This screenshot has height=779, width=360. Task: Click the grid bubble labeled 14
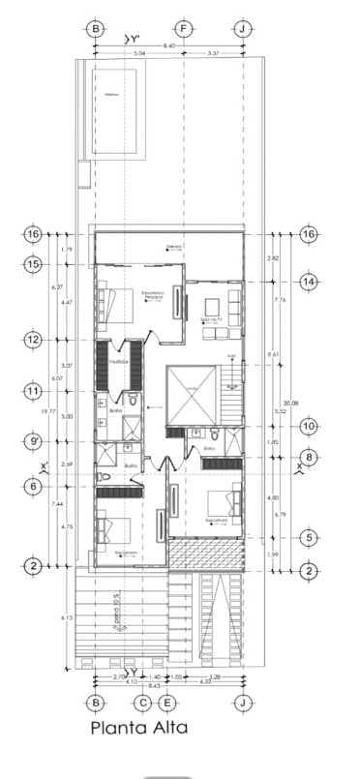(309, 282)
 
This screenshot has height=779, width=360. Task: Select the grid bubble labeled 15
(34, 264)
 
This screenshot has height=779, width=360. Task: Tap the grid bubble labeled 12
(34, 340)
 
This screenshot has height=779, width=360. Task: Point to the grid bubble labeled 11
(34, 392)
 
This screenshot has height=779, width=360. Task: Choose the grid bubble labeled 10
(309, 426)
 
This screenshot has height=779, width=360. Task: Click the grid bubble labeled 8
(309, 459)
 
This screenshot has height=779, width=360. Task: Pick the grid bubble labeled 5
(309, 537)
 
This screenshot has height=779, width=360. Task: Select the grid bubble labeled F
(182, 28)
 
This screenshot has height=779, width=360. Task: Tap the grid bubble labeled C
(142, 703)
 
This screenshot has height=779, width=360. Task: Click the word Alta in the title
(159, 728)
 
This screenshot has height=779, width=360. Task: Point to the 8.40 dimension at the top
(169, 46)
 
